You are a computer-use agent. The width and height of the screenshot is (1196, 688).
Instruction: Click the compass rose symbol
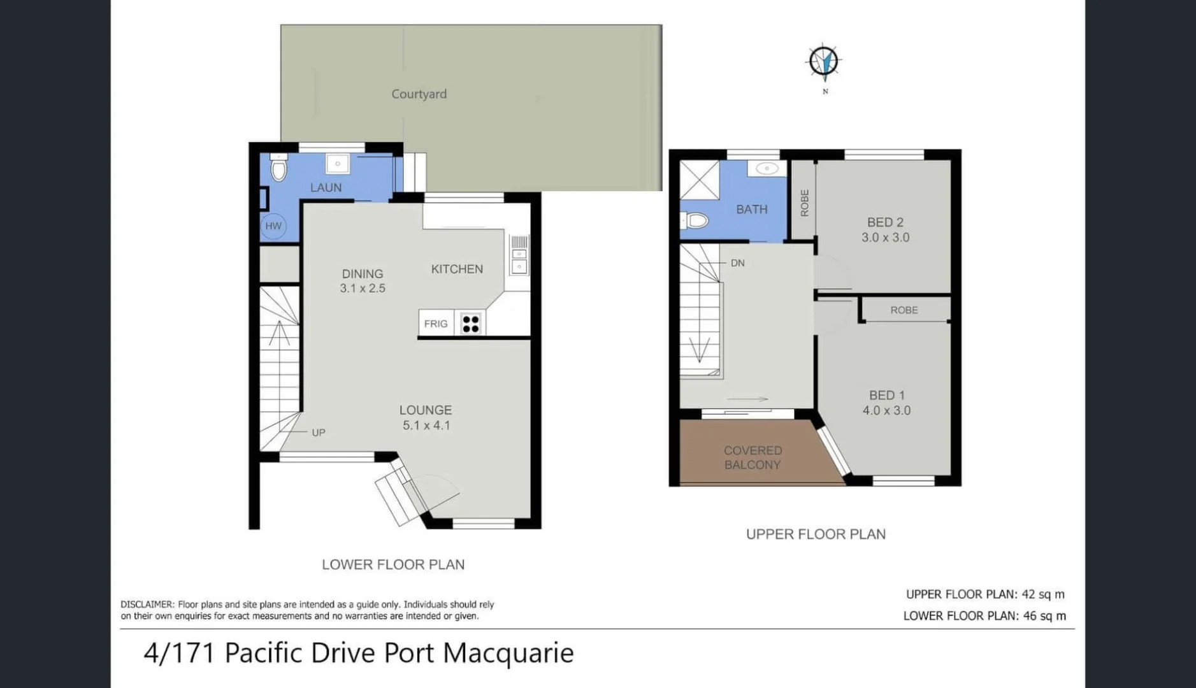point(823,62)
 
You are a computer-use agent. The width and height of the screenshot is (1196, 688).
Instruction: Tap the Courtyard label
point(419,94)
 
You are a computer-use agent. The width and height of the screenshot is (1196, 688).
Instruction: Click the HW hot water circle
point(273,226)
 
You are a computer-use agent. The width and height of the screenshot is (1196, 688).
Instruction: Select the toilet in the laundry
point(278,169)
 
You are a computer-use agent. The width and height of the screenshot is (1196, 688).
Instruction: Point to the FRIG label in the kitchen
point(436,324)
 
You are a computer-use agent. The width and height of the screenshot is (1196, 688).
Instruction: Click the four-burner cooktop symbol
point(470,324)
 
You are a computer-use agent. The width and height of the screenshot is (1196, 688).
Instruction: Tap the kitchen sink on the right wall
point(519,261)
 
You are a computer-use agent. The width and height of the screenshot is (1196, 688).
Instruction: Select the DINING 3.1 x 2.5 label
point(362,281)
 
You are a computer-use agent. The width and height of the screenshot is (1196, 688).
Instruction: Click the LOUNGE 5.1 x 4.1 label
point(426,418)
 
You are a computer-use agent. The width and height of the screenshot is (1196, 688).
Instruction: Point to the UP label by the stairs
point(319,433)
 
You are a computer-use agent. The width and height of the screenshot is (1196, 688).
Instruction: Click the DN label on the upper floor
point(737,263)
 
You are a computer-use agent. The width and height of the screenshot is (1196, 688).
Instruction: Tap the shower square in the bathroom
point(699,180)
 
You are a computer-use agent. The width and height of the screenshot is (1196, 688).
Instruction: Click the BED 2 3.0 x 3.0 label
point(885,230)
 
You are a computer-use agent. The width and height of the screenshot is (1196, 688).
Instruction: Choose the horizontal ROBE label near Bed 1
point(904,310)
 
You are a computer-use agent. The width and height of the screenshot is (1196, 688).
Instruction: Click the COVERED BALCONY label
point(753,457)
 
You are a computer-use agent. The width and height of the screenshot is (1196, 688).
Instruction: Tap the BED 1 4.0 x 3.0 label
point(886,403)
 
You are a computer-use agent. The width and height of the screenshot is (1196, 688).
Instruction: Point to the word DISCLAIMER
point(147,605)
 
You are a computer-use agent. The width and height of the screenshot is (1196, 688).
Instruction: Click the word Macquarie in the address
point(508,653)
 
